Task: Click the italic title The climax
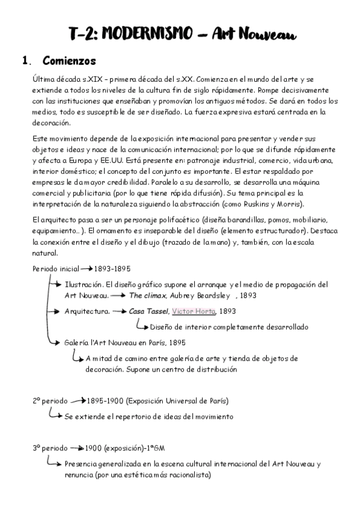pyautogui.click(x=148, y=296)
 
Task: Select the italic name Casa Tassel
pyautogui.click(x=148, y=312)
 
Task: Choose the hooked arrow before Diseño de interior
pyautogui.click(x=142, y=327)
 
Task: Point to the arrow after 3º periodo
pyautogui.click(x=75, y=448)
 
